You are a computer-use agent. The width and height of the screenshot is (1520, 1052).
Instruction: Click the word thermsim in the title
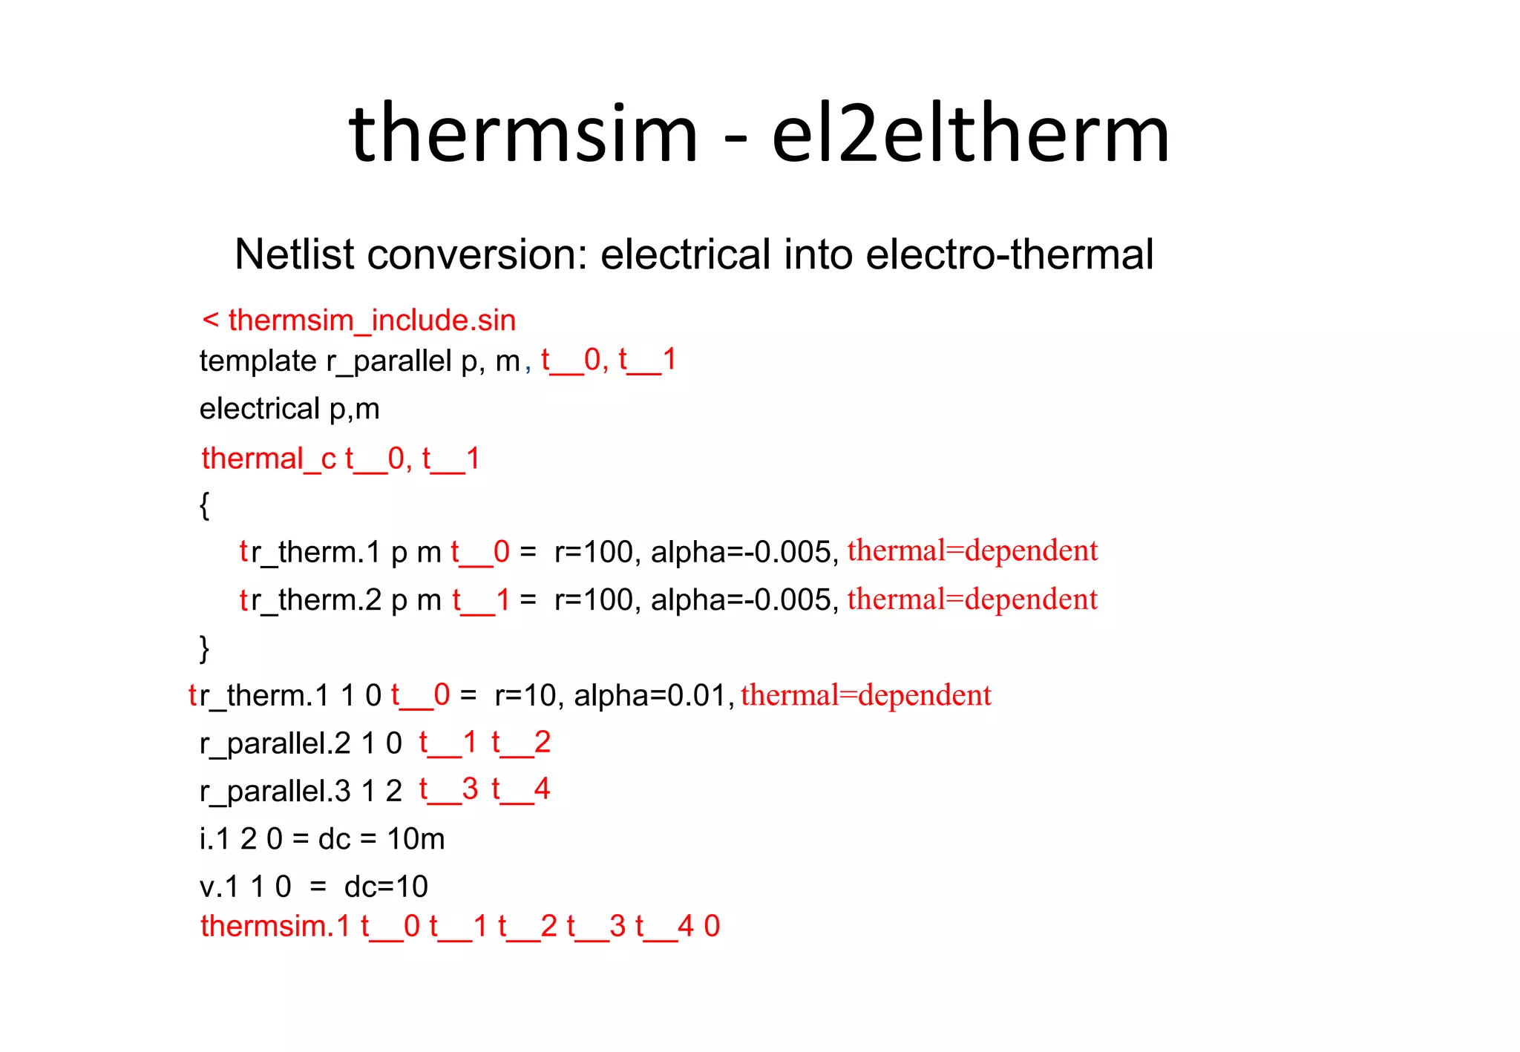click(x=523, y=135)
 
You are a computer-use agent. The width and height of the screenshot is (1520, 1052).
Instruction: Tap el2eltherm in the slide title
click(x=970, y=135)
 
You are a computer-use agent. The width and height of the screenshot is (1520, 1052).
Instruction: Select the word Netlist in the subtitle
click(x=294, y=254)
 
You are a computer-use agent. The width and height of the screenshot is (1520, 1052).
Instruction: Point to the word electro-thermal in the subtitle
click(x=1009, y=254)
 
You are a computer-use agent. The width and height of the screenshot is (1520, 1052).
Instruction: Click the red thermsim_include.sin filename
click(x=371, y=320)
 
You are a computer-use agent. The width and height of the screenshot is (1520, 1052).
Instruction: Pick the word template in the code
click(x=258, y=361)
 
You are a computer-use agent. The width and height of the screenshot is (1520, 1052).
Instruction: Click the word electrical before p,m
click(x=260, y=409)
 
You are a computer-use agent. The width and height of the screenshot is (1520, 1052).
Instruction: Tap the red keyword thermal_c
click(x=269, y=458)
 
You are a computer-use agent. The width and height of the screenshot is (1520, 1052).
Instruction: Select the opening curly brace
click(x=204, y=505)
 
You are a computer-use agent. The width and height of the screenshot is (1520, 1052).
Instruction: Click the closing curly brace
click(x=204, y=648)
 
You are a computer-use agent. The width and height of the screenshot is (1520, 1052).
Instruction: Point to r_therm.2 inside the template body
click(x=315, y=600)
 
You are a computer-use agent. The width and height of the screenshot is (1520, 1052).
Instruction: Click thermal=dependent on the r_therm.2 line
click(x=972, y=599)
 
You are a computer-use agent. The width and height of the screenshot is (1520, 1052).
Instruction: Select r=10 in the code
click(x=525, y=696)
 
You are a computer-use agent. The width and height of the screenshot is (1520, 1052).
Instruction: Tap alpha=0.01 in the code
click(x=650, y=696)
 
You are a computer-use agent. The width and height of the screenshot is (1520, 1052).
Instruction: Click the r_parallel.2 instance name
click(x=275, y=743)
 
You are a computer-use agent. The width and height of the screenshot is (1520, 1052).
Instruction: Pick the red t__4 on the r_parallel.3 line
click(x=520, y=789)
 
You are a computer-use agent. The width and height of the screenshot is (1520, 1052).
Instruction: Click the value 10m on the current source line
click(x=416, y=839)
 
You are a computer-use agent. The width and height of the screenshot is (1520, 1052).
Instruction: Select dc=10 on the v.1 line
click(x=386, y=887)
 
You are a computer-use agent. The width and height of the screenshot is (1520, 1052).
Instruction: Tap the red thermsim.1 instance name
click(x=275, y=927)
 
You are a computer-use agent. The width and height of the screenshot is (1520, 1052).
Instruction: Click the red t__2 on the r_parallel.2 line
click(x=520, y=743)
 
